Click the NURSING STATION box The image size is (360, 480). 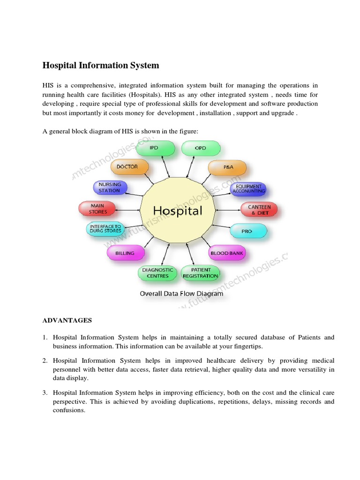110,187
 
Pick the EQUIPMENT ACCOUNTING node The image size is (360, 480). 248,188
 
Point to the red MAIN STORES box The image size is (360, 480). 97,209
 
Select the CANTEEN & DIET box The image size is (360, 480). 259,210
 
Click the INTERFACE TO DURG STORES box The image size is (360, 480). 105,229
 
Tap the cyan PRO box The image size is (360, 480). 247,231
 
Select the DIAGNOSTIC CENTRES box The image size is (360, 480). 157,273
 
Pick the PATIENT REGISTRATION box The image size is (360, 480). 201,273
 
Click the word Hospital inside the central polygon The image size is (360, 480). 178,210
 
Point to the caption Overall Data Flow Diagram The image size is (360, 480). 181,294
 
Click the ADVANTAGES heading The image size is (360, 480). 67,321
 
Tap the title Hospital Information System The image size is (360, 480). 101,66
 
